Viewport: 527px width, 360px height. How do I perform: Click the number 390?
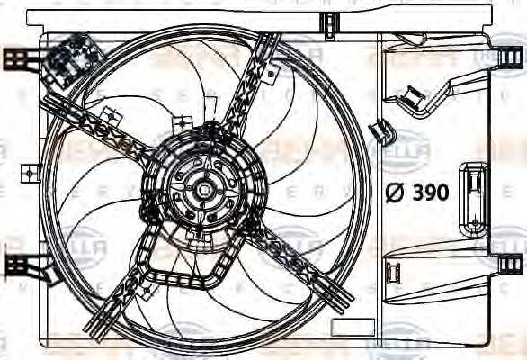[431, 193]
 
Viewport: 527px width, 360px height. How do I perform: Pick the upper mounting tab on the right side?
[509, 57]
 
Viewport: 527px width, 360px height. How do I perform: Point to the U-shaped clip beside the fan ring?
[383, 133]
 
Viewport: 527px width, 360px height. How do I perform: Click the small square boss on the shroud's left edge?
[31, 170]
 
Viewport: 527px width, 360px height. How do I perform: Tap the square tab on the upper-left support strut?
[112, 115]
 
